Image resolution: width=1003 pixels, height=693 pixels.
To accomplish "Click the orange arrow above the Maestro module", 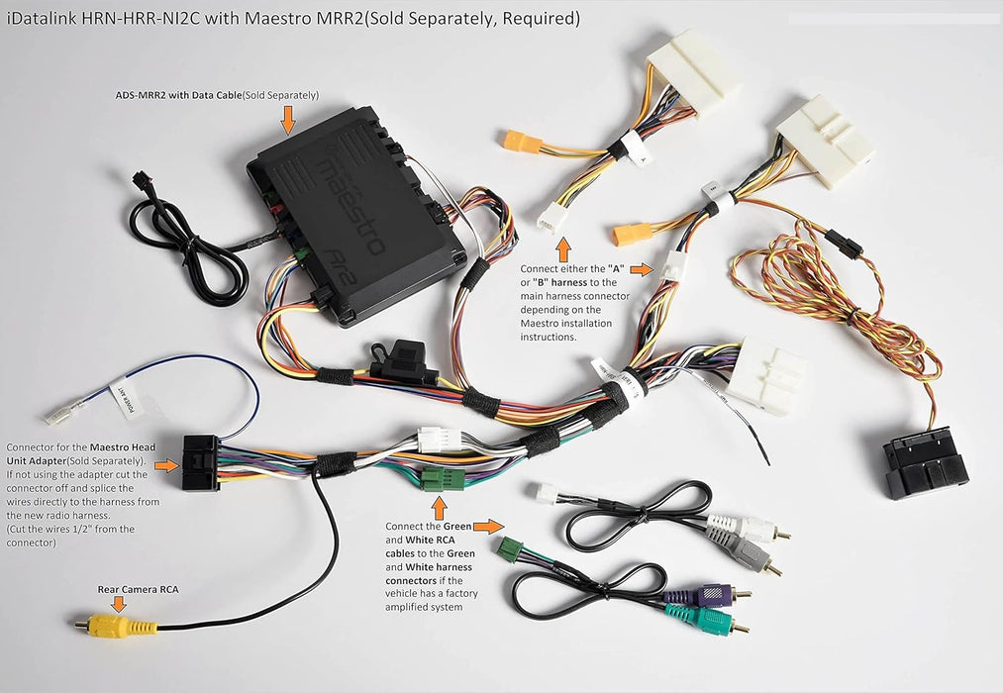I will click(x=288, y=120).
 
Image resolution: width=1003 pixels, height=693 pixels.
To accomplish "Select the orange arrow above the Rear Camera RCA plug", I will click(x=119, y=603).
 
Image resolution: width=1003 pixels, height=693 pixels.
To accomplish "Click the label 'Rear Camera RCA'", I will click(x=139, y=589).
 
